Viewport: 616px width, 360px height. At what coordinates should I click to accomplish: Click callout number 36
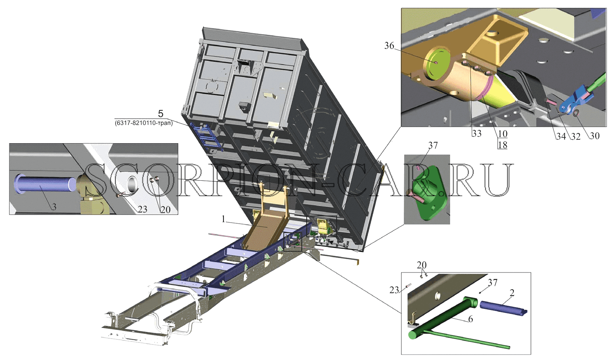tap(389, 46)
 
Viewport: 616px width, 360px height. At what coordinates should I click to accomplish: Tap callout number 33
tap(476, 134)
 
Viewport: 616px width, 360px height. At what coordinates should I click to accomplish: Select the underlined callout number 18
tap(502, 145)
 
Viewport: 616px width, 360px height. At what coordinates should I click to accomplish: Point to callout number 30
tap(594, 136)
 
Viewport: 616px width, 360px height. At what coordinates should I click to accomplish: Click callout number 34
tap(561, 137)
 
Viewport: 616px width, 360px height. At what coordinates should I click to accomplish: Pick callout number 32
tap(575, 137)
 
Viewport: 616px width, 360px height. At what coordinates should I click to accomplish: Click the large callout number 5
tap(161, 113)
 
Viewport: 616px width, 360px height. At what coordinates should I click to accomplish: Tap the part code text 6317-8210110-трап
tap(144, 123)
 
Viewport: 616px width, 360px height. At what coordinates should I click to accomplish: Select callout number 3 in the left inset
tap(54, 207)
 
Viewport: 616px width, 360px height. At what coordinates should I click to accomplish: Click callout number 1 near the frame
tap(224, 219)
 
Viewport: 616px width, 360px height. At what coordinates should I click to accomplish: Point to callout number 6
tap(470, 319)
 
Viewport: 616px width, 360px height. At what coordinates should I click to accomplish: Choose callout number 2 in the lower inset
tap(512, 293)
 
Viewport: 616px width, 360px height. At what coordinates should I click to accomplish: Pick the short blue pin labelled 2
tap(503, 308)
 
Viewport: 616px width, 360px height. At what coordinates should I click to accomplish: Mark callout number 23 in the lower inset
tap(394, 290)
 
